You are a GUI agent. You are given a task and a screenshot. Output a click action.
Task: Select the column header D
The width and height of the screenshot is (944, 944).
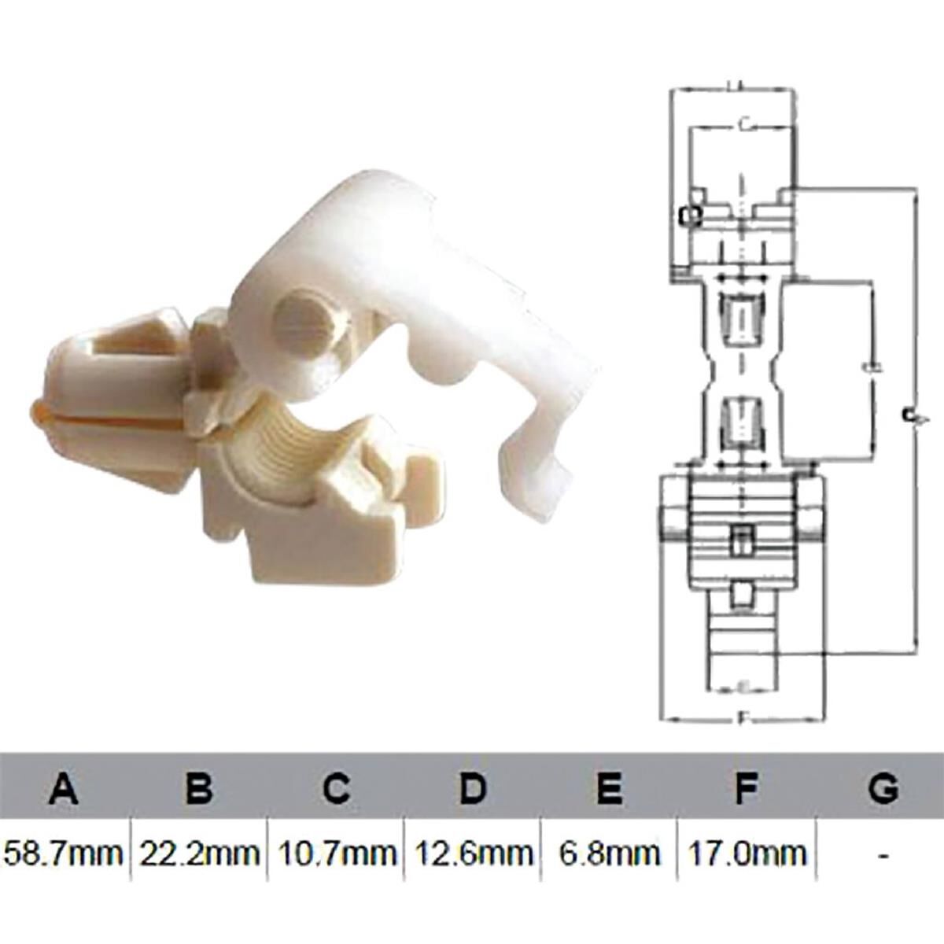pos(472,787)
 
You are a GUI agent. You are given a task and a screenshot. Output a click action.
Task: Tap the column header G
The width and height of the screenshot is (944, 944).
pos(883,787)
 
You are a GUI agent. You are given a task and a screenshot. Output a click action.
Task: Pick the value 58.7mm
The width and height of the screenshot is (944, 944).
pos(65,852)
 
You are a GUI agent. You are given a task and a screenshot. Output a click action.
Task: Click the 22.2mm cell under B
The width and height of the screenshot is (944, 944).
pos(200,852)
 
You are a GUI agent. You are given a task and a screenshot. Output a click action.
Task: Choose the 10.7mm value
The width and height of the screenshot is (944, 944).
pos(336,852)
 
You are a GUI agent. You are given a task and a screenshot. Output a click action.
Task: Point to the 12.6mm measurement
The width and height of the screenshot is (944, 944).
pos(472,852)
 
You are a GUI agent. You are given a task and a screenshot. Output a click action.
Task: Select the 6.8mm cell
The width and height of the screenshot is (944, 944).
pos(608,852)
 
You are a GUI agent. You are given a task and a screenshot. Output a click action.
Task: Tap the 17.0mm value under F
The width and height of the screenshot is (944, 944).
pos(747,852)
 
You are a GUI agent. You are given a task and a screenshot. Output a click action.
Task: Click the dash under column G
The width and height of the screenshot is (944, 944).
pos(884,853)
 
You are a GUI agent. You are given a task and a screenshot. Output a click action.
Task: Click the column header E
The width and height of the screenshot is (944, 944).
pos(609,787)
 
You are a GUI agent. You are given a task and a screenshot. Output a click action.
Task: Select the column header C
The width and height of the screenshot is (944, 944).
pos(336,787)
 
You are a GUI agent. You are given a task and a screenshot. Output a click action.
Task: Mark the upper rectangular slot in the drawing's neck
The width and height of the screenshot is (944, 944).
pos(742,318)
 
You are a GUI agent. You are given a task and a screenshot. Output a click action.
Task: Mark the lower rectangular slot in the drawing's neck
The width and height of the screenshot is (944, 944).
pos(742,420)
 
